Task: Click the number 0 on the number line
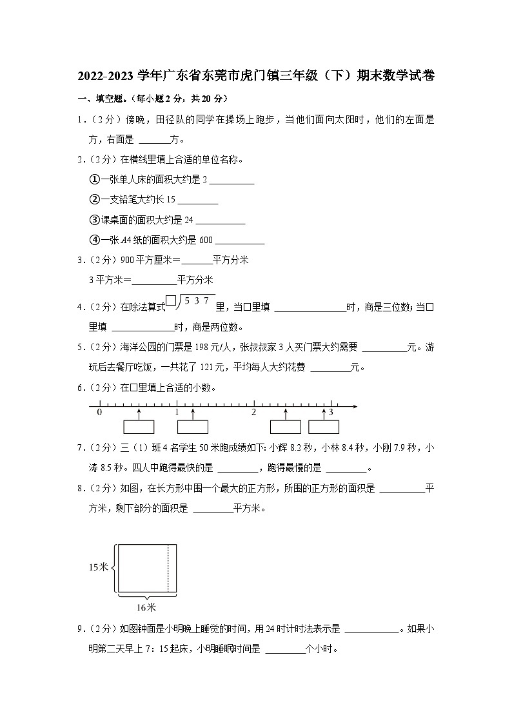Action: [x=99, y=412]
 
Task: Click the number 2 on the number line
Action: [x=253, y=412]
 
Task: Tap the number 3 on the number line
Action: [x=331, y=412]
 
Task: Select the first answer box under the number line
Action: [x=139, y=427]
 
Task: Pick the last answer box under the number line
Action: [x=324, y=427]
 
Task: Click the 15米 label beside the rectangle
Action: [x=99, y=567]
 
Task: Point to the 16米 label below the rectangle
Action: [x=146, y=607]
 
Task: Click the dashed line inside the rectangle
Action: [x=168, y=567]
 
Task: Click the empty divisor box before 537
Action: [x=171, y=300]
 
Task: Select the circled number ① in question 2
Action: [x=93, y=180]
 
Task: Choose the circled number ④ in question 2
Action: [x=93, y=240]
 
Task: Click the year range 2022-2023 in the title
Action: [x=107, y=76]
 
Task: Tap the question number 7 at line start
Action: [x=81, y=448]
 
